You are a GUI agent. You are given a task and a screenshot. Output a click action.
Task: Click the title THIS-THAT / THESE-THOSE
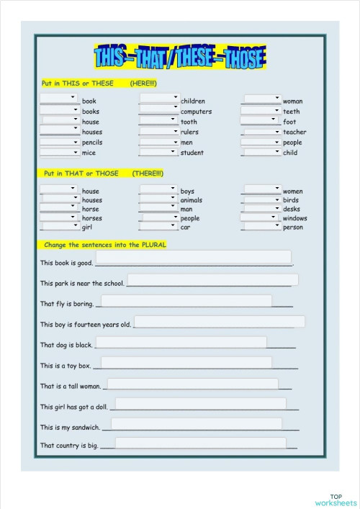pos(179,57)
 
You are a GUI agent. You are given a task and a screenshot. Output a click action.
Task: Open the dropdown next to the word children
pos(159,98)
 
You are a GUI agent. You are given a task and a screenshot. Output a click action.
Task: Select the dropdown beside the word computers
pos(159,109)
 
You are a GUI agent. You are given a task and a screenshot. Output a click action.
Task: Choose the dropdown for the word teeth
pos(261,109)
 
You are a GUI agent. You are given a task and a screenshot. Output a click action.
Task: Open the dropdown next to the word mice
pos(59,152)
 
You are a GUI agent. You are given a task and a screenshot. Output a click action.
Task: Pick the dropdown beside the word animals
pos(159,198)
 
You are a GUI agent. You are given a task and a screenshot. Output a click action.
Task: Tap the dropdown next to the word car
pos(159,226)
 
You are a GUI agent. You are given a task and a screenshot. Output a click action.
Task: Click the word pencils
pos(92,143)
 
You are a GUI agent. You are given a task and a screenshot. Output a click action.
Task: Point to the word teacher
pos(294,132)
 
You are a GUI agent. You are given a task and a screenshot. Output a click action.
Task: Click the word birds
pos(291,200)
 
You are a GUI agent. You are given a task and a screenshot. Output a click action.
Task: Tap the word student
pos(192,153)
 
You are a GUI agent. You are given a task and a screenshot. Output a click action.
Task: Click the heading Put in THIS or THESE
pos(99,84)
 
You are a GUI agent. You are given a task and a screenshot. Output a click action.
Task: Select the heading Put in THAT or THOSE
pos(103,174)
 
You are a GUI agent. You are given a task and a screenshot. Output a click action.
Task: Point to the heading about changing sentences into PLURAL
pos(105,245)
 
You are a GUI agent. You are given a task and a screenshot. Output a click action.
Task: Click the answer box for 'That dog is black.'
pos(181,342)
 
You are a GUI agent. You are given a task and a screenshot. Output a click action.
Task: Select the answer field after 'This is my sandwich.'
pos(194,424)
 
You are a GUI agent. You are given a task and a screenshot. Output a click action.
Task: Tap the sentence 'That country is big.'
pos(69,446)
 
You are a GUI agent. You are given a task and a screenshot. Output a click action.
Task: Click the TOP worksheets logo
pos(336,500)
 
